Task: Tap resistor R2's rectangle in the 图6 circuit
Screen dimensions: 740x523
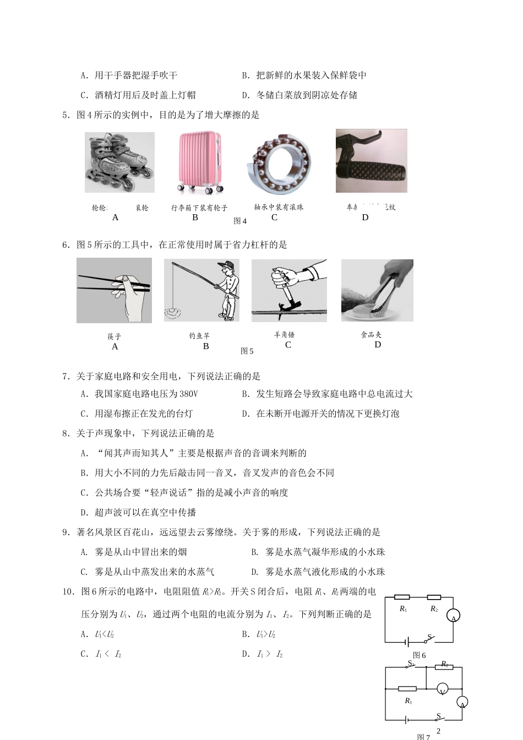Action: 434,597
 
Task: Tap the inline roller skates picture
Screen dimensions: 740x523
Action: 119,162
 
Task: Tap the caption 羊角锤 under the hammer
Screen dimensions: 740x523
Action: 284,335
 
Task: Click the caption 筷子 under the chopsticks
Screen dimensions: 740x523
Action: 115,336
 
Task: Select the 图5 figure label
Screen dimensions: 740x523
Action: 247,351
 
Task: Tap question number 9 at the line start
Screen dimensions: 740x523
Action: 66,532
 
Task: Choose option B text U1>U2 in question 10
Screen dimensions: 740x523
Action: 265,635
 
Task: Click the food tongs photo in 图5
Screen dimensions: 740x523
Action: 377,290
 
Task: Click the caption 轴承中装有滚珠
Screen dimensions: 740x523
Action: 279,208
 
